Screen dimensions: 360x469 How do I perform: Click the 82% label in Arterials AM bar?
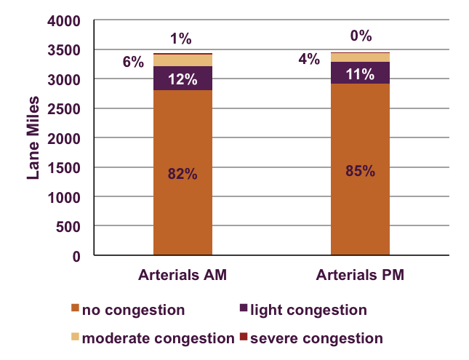coord(183,175)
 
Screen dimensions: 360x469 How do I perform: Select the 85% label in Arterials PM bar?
coord(360,172)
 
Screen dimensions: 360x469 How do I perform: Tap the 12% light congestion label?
coord(183,79)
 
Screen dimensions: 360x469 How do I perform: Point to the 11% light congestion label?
coord(360,73)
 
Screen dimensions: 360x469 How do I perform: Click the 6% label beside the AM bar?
coord(133,62)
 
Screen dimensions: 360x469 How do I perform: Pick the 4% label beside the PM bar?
coord(309,59)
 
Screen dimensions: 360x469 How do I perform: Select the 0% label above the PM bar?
coord(361,35)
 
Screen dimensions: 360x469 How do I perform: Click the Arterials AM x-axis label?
coord(182,276)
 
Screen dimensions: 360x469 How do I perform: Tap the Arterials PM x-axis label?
coord(360,276)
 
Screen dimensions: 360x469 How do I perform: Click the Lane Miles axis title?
coord(33,138)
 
